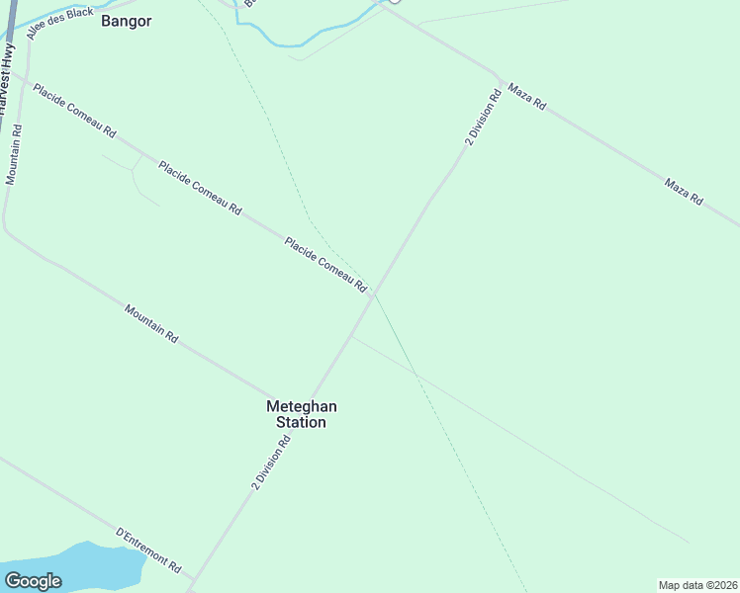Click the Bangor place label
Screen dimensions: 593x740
coord(126,20)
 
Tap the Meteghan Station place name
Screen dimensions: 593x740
coord(296,414)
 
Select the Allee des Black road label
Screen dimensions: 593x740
coord(60,24)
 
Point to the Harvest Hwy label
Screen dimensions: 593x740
coord(9,79)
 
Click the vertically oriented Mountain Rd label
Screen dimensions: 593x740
coord(14,154)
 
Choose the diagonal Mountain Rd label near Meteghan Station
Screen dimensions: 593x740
coord(151,324)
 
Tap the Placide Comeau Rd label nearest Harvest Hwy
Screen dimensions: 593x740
coord(75,110)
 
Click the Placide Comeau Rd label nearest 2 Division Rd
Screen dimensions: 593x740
coord(325,265)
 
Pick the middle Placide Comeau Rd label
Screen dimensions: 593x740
coord(200,188)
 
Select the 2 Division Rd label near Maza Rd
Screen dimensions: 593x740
coord(483,118)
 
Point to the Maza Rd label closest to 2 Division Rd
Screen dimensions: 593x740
coord(526,96)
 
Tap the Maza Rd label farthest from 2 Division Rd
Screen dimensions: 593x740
coord(684,192)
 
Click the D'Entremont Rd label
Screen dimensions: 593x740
coord(149,551)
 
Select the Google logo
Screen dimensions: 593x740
coord(33,580)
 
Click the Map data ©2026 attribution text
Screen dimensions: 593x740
coord(698,585)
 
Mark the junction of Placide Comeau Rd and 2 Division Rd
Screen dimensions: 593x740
coord(374,295)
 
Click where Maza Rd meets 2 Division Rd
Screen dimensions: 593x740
coord(499,76)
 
